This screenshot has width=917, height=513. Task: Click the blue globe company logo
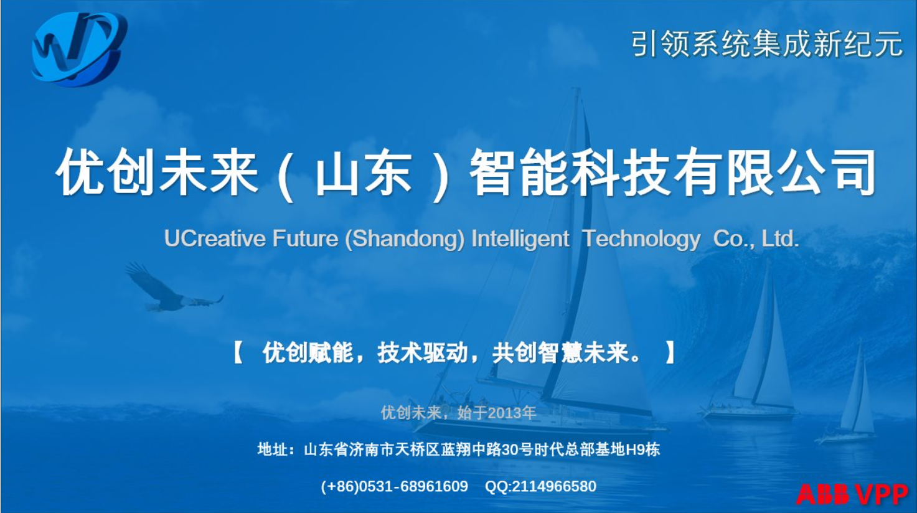(x=79, y=49)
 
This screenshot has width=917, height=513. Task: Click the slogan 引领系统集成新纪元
(x=767, y=44)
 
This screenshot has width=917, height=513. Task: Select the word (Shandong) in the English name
(x=405, y=239)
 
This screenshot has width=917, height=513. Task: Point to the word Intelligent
(x=520, y=239)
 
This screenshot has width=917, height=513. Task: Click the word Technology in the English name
(x=641, y=239)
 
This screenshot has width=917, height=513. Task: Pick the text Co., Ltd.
(x=756, y=238)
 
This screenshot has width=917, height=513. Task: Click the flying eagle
(x=174, y=289)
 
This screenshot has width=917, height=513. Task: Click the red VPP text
(x=881, y=494)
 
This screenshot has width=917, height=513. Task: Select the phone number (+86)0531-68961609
(x=394, y=486)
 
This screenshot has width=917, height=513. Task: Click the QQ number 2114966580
(x=554, y=486)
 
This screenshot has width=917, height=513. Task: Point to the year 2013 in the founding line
(x=504, y=413)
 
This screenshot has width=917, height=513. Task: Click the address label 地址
(x=272, y=449)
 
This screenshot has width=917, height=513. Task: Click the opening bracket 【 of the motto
(x=238, y=353)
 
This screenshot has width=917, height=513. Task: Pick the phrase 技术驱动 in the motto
(x=423, y=353)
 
